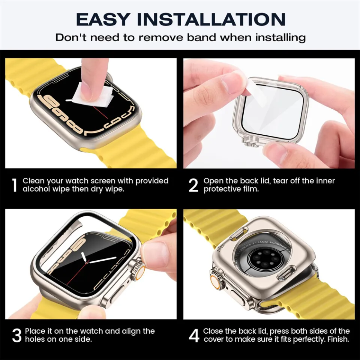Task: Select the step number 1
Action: (14, 185)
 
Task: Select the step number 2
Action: (193, 185)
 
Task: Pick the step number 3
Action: (16, 336)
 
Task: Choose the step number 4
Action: (194, 336)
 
